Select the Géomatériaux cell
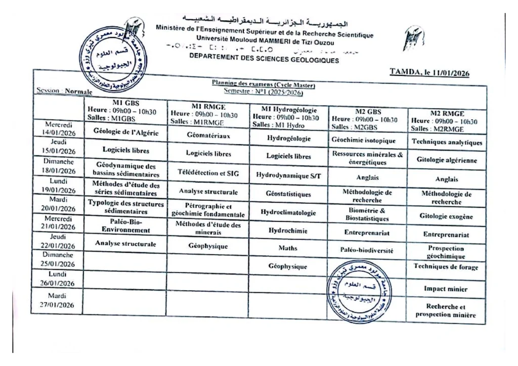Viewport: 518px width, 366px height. [208, 135]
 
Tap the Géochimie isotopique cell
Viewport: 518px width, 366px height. [363, 140]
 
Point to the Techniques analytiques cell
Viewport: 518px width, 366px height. [447, 143]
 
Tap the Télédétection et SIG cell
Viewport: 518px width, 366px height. [208, 173]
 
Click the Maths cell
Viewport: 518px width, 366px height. [288, 248]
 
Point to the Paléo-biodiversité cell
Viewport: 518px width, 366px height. [367, 250]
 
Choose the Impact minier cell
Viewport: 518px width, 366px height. [446, 289]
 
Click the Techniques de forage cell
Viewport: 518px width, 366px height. [446, 266]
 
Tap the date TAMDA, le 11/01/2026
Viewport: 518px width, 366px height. [429, 73]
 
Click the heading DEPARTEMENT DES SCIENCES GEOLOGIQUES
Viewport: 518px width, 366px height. [264, 60]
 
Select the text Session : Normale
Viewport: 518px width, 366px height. [64, 91]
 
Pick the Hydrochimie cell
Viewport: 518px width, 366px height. [288, 230]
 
